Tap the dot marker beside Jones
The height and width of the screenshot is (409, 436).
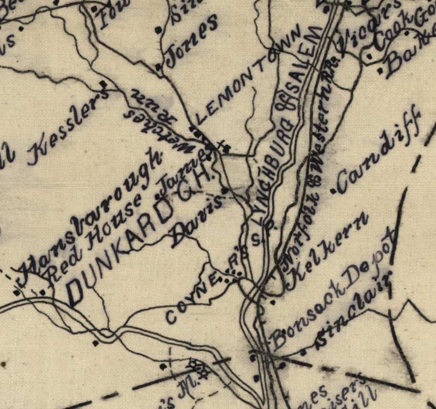158,67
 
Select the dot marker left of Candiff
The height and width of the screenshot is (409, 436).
333,190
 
